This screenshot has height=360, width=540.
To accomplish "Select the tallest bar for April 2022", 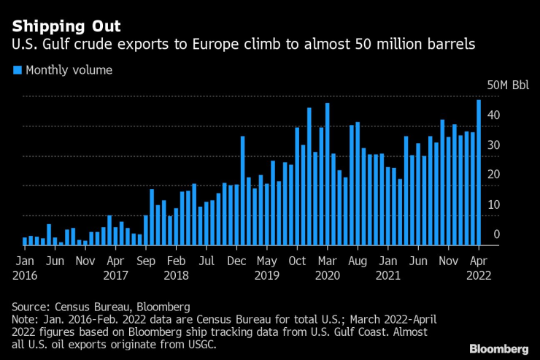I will (479, 172).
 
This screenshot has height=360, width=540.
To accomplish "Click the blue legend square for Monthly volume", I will (17, 71).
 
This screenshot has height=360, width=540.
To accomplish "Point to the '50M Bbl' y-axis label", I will (509, 85).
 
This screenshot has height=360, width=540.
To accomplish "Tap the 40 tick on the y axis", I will (494, 115).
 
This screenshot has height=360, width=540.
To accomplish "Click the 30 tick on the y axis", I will (494, 145).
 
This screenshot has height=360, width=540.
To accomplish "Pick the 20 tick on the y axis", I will (494, 175).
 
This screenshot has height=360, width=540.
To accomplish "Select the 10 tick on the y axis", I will (494, 204).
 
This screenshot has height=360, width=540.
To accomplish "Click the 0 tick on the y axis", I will (496, 234).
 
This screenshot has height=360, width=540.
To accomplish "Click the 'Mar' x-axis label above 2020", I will (328, 259).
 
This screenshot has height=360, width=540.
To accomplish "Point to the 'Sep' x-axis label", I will (146, 259).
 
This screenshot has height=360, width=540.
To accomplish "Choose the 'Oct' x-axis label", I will (297, 259).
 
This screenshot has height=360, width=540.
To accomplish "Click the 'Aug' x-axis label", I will (358, 259).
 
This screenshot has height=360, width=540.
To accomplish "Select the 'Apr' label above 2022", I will (479, 259).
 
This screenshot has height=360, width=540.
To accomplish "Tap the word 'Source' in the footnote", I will (30, 306).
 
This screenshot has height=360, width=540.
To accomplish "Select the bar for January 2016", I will (25, 241).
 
